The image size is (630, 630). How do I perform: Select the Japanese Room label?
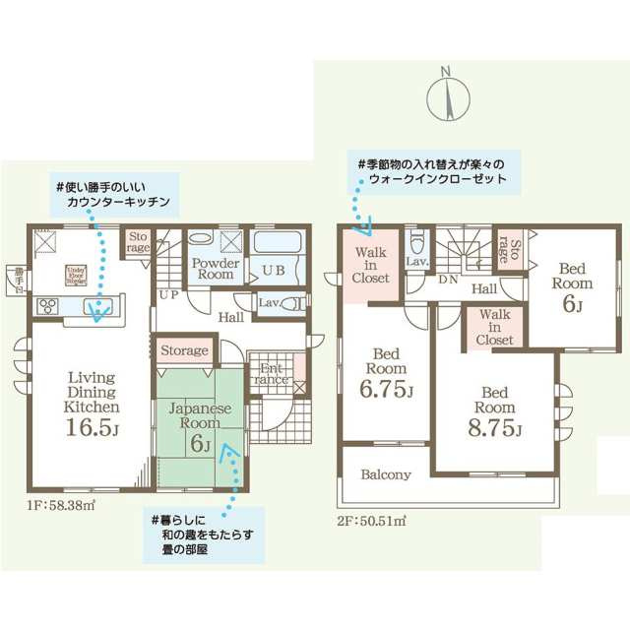[x=200, y=414]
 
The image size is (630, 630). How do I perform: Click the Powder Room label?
[x=212, y=269]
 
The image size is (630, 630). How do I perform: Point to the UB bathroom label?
[x=275, y=270]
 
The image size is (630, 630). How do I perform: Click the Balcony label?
[x=385, y=474]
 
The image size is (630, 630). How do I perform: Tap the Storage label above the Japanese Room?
[x=184, y=350]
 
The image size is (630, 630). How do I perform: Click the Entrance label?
[x=272, y=372]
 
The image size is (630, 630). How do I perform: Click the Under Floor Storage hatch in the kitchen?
[x=76, y=275]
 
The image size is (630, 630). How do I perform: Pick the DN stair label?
[x=448, y=281]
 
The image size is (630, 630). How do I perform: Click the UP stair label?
[x=168, y=294]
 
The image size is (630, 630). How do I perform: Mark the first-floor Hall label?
[x=231, y=317]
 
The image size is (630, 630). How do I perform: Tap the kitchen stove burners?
[x=47, y=306]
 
